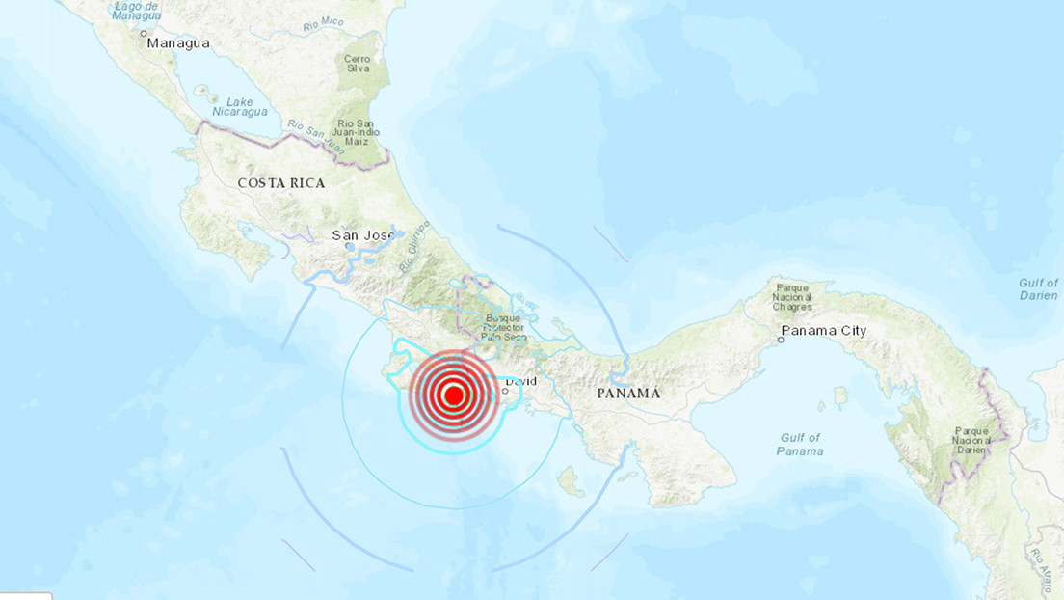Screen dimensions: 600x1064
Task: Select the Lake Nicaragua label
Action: (240, 106)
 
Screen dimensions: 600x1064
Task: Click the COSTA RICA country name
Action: (281, 183)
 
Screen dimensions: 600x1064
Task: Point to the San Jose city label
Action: (364, 234)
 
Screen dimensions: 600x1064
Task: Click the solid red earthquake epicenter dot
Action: (453, 395)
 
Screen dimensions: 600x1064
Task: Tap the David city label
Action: (520, 382)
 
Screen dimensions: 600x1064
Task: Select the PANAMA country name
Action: (628, 394)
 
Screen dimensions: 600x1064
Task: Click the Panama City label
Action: (824, 331)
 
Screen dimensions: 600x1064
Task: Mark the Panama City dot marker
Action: (782, 340)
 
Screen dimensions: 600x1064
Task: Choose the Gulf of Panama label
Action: (800, 445)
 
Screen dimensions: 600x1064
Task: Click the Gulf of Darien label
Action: (1038, 288)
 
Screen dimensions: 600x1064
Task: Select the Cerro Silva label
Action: (358, 65)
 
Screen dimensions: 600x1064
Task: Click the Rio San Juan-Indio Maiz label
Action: (359, 133)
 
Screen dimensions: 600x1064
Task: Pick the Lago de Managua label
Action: (136, 12)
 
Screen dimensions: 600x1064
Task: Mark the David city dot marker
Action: (505, 391)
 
